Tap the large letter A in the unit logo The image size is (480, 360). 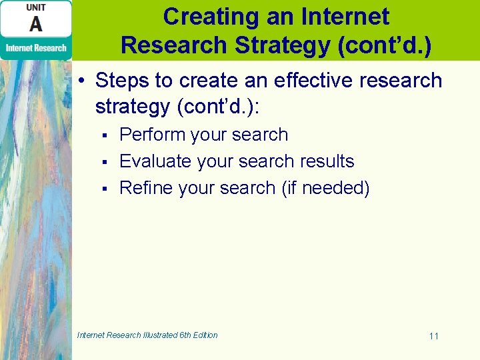[x=36, y=25]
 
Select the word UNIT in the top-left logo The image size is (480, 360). [x=36, y=7]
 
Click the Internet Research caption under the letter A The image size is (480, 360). [x=36, y=48]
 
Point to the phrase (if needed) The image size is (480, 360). [x=325, y=189]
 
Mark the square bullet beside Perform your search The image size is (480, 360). [x=105, y=136]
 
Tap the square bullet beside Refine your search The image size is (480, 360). [x=105, y=189]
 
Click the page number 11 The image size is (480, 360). [x=433, y=336]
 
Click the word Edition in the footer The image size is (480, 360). [x=204, y=335]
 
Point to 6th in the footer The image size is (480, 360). [x=184, y=335]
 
